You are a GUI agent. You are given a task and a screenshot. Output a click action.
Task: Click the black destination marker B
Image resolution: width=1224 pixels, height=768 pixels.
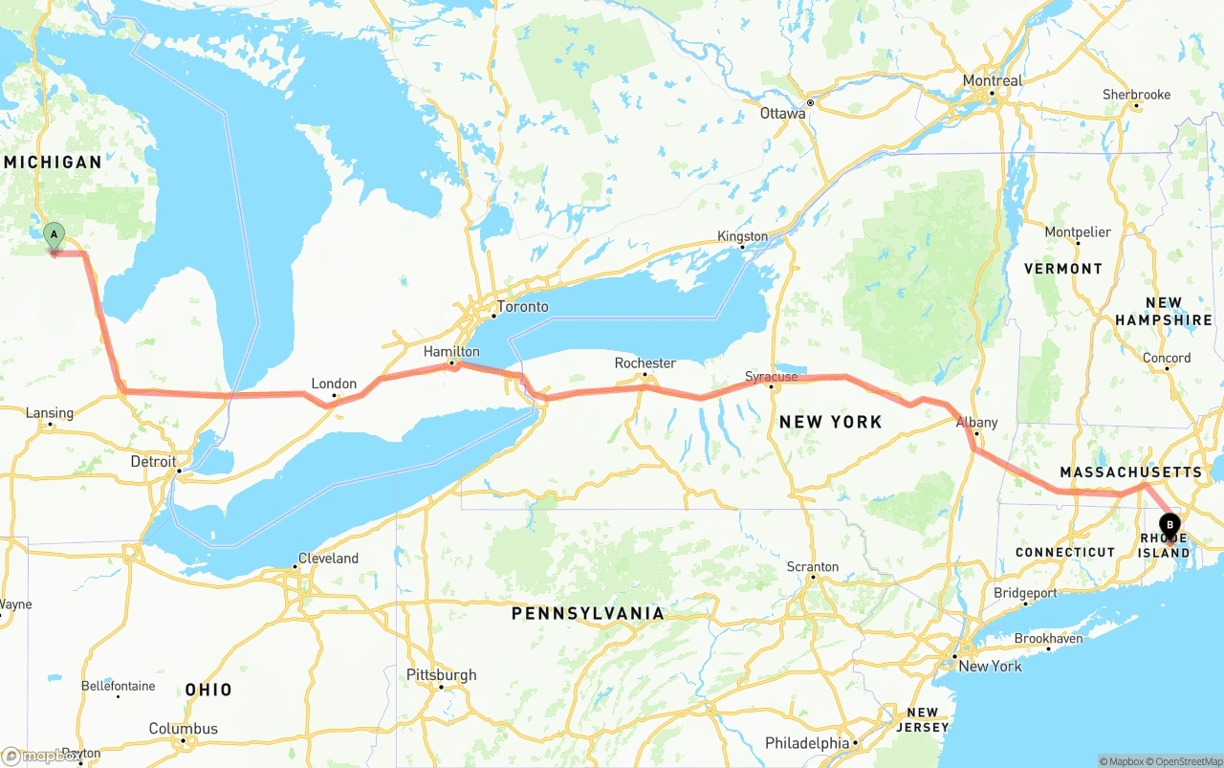(1169, 524)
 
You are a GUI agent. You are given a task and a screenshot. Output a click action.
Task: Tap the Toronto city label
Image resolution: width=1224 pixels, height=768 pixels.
(522, 307)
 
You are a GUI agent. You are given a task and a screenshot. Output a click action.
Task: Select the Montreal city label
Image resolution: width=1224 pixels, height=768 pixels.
(993, 81)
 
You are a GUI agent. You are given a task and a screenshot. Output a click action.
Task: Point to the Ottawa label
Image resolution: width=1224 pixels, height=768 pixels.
(782, 114)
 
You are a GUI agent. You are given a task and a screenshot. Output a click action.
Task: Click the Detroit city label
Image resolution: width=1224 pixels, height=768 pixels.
(153, 462)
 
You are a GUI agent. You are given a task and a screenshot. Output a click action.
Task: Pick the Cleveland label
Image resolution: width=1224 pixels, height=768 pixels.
(328, 559)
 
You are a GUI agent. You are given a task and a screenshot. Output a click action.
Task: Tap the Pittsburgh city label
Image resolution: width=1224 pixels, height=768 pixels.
(441, 675)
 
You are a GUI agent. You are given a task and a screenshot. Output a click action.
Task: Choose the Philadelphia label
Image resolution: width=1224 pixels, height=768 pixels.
(806, 743)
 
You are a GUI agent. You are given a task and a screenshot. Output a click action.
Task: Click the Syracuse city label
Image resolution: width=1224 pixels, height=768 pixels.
(771, 377)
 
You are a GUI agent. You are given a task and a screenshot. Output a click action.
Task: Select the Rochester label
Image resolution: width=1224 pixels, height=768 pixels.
(645, 363)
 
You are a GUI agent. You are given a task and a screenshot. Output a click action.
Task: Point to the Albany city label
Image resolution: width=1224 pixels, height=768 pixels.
(976, 423)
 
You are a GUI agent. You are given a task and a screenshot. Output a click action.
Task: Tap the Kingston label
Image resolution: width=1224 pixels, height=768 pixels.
(743, 236)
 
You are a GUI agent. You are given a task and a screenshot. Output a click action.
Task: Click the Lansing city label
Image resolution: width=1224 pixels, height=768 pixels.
(49, 413)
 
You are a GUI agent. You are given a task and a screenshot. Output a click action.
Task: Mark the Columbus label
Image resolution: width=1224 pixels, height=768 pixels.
(183, 729)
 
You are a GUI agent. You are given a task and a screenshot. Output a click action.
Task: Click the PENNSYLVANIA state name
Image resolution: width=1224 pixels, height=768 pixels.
(587, 613)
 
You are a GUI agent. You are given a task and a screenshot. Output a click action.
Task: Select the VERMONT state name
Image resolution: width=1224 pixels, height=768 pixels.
(1063, 269)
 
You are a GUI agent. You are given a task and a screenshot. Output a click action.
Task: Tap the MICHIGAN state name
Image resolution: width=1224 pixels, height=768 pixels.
(53, 163)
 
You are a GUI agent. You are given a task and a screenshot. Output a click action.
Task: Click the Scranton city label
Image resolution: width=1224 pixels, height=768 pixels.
(812, 567)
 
